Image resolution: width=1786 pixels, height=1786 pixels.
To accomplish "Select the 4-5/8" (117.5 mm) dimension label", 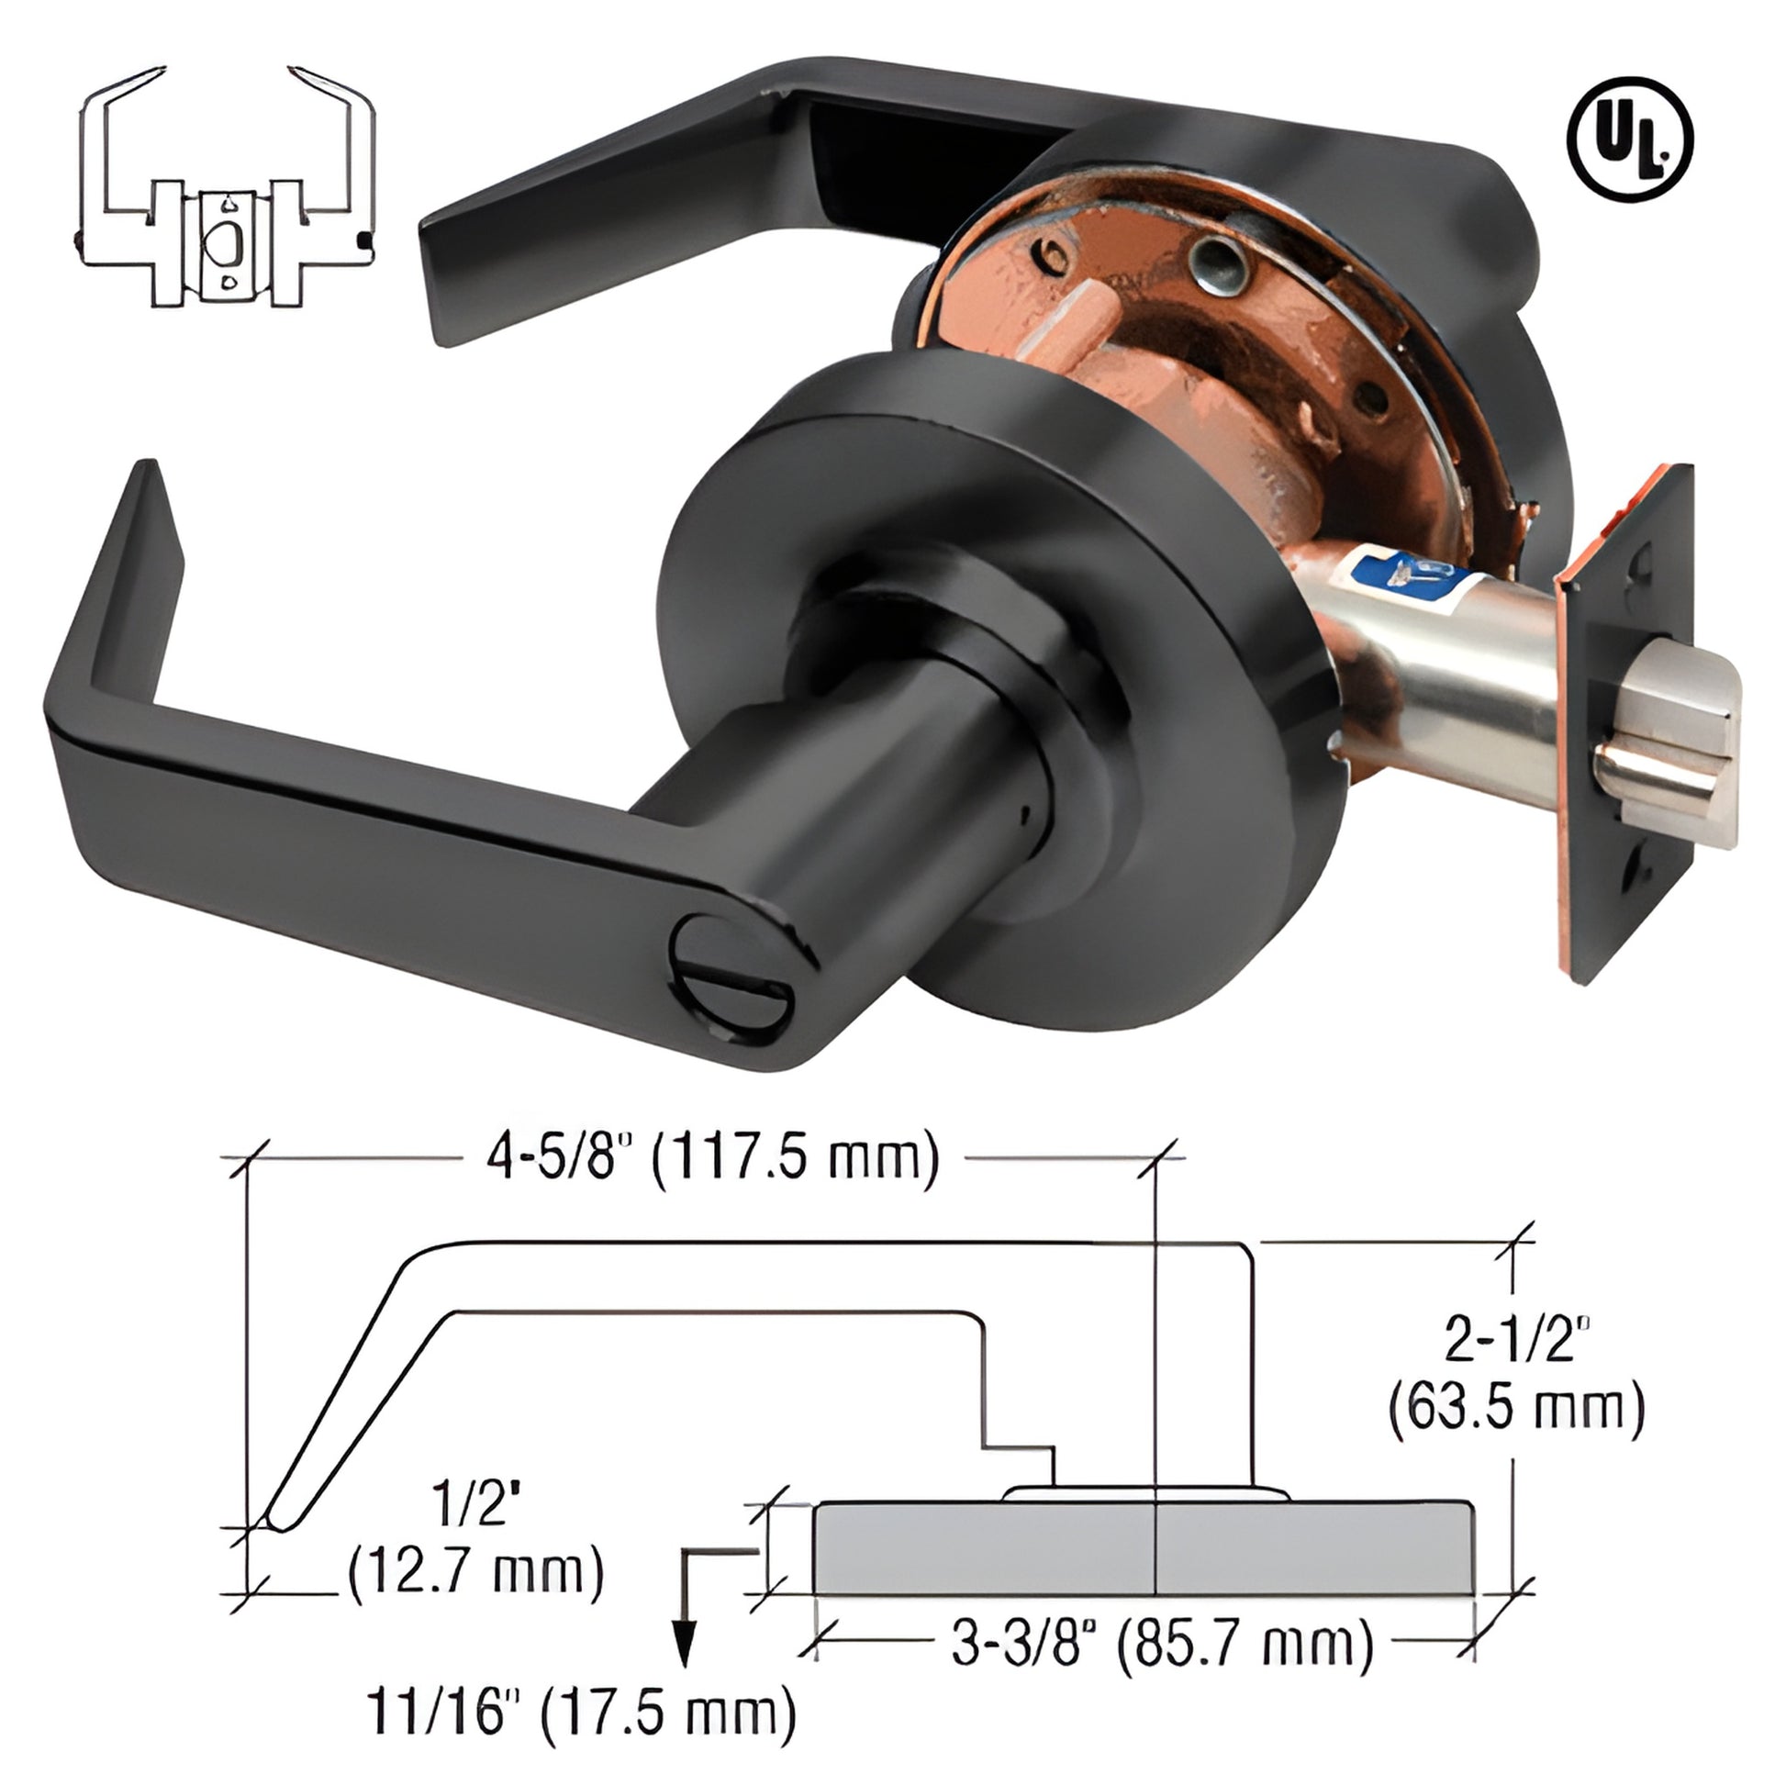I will [x=712, y=1157].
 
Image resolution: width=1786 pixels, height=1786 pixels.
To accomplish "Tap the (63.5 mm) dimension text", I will [x=1517, y=1409].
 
